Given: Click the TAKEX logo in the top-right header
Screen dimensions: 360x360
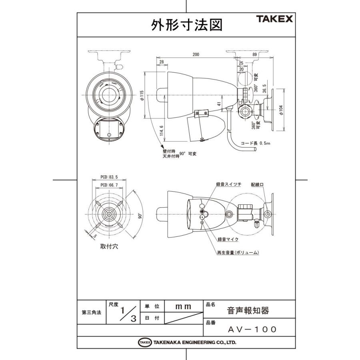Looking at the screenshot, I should click(274, 18).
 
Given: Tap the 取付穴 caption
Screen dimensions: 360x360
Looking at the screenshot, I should click(109, 247).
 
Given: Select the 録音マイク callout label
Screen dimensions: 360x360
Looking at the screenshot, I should click(228, 239).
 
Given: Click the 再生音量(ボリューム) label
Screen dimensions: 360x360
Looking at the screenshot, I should click(238, 253).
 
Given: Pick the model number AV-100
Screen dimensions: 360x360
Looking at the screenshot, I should click(252, 329).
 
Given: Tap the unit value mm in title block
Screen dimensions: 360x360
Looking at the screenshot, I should click(184, 306).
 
